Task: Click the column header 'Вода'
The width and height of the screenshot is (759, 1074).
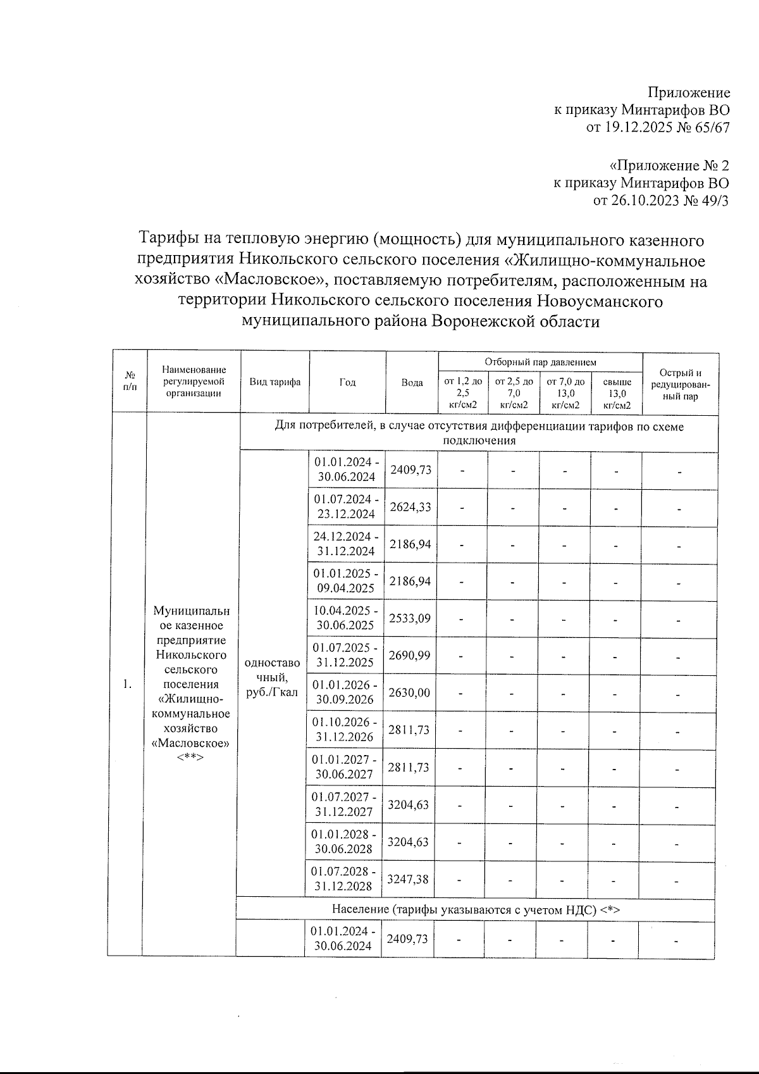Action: [x=412, y=383]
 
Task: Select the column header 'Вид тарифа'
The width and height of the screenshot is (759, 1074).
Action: [x=275, y=382]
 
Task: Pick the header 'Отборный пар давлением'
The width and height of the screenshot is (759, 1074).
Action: [x=540, y=362]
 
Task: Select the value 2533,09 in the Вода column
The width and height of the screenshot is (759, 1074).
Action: [x=410, y=618]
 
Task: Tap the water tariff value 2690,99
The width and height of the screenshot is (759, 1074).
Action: [x=410, y=655]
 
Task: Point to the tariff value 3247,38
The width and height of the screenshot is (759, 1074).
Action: [x=408, y=879]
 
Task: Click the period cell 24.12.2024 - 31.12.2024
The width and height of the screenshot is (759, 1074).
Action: [x=346, y=544]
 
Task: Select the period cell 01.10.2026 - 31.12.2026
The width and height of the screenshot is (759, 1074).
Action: [x=346, y=730]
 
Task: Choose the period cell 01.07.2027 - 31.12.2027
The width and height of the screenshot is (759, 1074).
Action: [x=345, y=804]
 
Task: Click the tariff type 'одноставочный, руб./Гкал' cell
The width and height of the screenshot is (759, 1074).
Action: [x=272, y=677]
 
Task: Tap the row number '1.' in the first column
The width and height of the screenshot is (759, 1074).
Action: [x=128, y=684]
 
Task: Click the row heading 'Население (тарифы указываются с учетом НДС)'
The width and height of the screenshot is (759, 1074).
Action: [x=476, y=909]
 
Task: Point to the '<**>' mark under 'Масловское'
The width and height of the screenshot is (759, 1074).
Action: [x=191, y=757]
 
